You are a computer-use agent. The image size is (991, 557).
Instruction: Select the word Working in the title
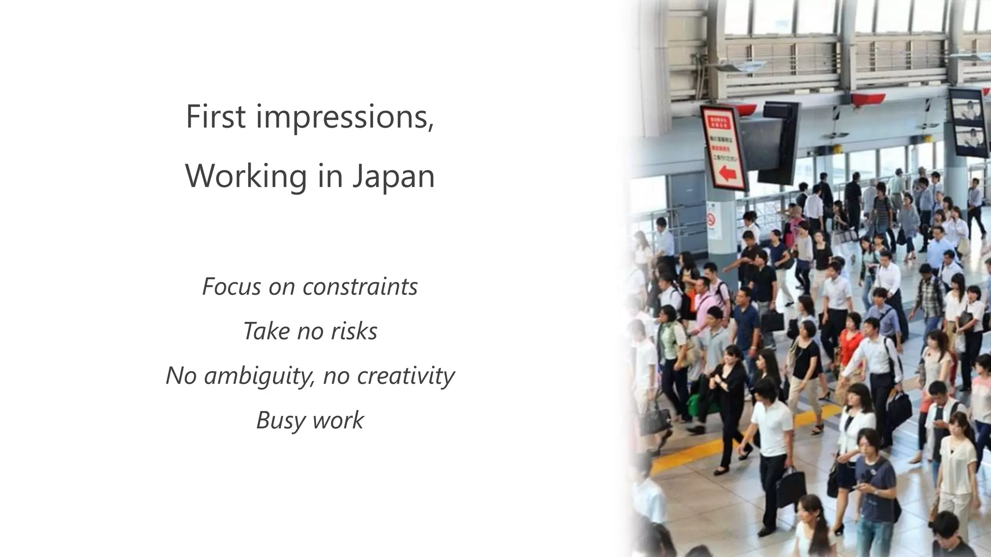[246, 176]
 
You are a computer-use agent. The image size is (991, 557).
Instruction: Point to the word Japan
[393, 177]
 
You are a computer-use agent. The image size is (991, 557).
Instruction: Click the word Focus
[231, 287]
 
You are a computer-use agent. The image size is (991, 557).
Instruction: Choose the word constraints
[360, 287]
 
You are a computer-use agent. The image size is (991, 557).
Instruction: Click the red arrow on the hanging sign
[727, 173]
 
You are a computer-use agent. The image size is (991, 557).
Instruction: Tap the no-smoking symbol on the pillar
[711, 220]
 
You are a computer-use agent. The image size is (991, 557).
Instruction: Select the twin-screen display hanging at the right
[968, 123]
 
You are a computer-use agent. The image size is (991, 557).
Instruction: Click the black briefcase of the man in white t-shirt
[790, 488]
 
